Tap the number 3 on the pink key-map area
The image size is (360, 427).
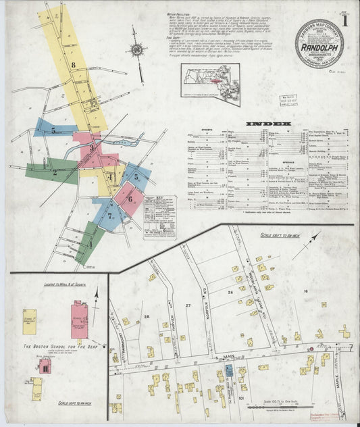point(92,146)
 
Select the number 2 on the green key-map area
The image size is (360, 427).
point(55,172)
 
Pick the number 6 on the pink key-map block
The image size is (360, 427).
point(129,199)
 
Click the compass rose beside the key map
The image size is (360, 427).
point(138,49)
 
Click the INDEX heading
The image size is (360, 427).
point(269,124)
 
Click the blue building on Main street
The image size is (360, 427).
point(229,370)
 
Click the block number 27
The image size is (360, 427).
point(188,306)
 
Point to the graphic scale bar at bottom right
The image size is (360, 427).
point(276,407)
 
